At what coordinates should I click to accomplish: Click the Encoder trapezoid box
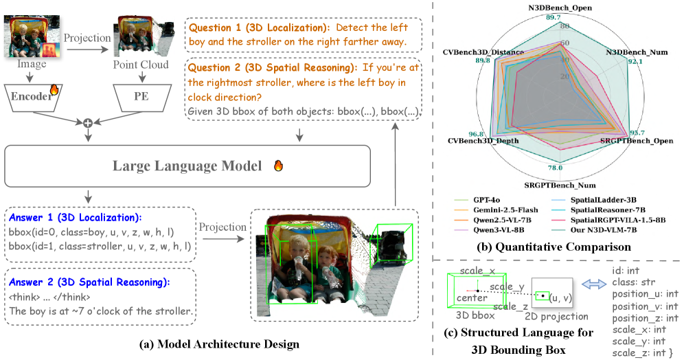(32, 98)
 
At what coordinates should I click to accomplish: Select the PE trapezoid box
(141, 98)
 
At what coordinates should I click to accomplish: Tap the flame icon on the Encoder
(54, 89)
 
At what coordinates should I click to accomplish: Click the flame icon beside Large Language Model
(278, 166)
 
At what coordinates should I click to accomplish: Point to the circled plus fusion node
(88, 123)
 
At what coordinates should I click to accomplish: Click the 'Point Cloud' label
(141, 65)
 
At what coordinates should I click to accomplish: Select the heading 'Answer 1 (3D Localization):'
(75, 218)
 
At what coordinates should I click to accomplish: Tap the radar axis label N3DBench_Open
(560, 8)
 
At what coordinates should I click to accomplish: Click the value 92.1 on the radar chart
(635, 62)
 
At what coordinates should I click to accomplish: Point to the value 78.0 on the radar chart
(555, 168)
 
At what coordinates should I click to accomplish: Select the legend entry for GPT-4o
(477, 201)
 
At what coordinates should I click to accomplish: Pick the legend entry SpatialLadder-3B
(594, 201)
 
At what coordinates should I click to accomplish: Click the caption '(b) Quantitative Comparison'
(554, 247)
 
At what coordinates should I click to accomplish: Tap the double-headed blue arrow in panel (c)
(594, 284)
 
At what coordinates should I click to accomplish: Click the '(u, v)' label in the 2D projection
(560, 298)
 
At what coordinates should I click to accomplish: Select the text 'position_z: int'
(645, 318)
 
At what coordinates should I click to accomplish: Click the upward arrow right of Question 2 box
(395, 164)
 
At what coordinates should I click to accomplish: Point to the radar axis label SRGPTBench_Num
(560, 185)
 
